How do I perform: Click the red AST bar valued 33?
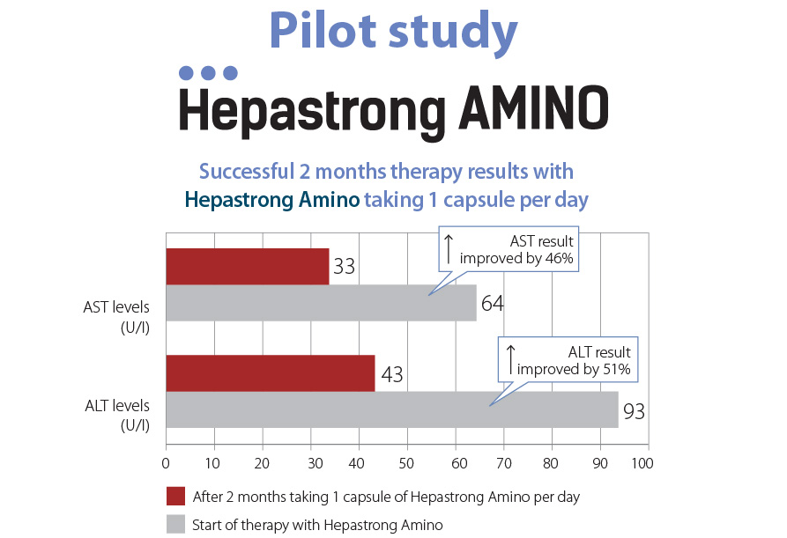point(247,267)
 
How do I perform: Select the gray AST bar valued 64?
point(321,303)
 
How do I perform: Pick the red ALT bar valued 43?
point(270,373)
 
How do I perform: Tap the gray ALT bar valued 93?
point(391,409)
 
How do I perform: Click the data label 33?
point(344,267)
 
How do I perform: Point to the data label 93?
point(634,411)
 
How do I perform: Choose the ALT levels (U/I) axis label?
point(116,415)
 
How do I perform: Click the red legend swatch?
point(174,497)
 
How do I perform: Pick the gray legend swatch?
point(174,525)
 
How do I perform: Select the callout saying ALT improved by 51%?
point(568,360)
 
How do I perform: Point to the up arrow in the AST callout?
point(448,248)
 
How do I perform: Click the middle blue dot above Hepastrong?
point(209,72)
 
